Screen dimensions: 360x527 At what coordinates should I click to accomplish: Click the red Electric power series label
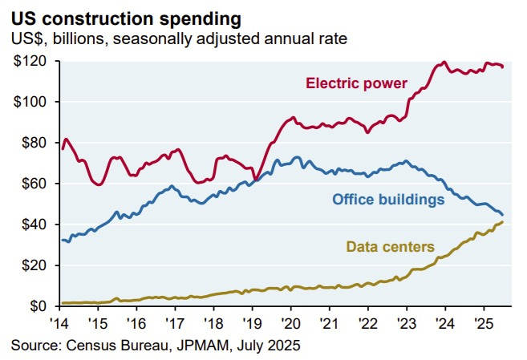click(356, 83)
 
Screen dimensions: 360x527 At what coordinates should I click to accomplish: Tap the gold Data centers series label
click(391, 246)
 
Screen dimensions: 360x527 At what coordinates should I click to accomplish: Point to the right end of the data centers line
click(503, 222)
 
